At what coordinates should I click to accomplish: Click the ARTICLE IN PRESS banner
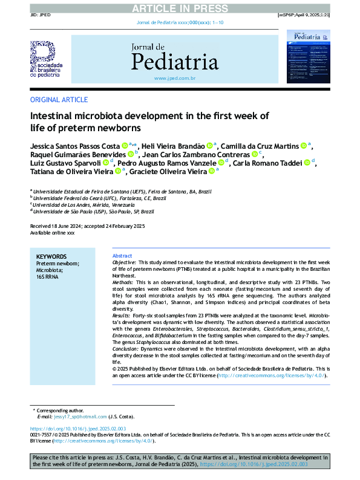tap(180, 7)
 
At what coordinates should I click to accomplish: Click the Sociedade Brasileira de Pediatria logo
tap(46, 59)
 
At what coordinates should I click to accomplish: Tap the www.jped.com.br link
tap(175, 79)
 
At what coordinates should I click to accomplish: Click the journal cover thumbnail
tap(308, 58)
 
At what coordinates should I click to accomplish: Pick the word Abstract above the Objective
tap(122, 256)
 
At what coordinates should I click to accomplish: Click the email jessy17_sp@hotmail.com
tap(80, 417)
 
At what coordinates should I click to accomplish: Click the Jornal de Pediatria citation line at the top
tap(180, 22)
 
